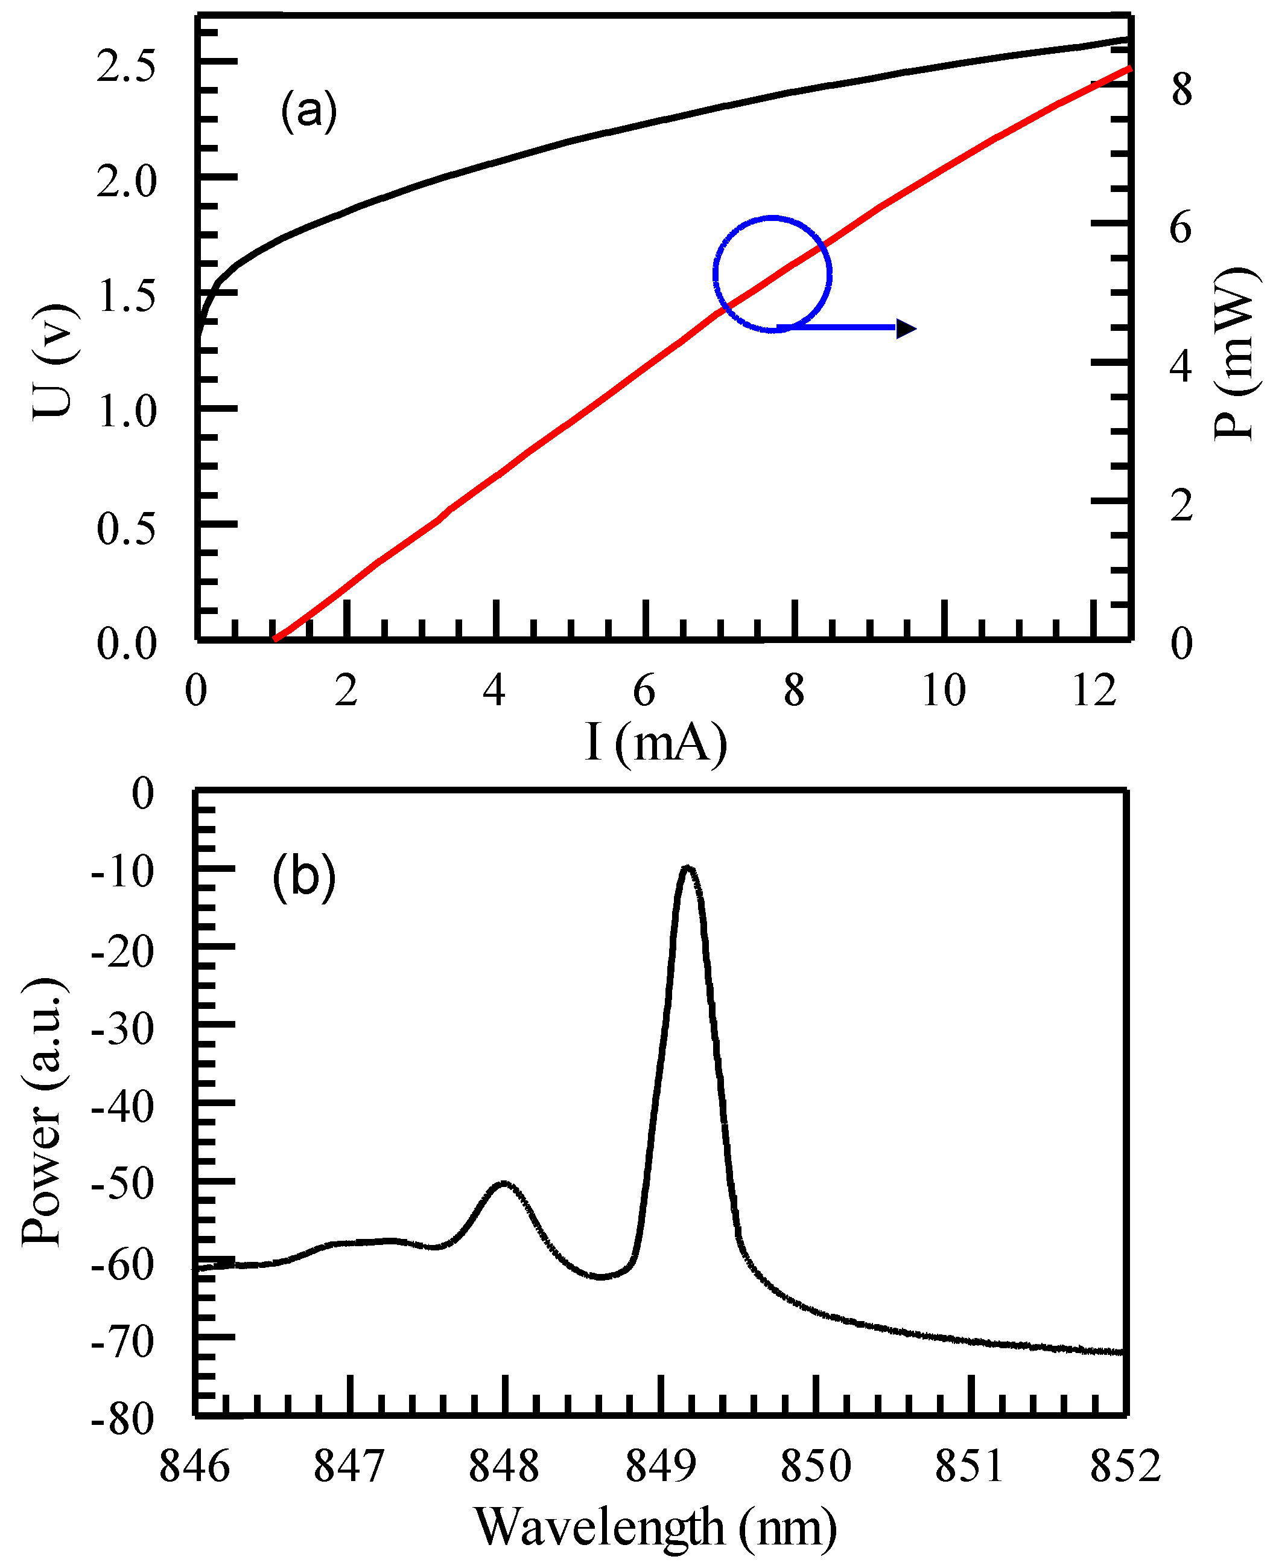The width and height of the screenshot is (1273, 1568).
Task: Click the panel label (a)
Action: coord(309,111)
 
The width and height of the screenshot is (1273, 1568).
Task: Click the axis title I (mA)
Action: coord(656,743)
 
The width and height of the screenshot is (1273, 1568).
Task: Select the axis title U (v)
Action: coord(54,361)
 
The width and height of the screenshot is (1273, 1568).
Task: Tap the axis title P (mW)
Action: coord(1235,353)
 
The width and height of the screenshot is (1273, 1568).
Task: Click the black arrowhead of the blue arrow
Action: coord(906,328)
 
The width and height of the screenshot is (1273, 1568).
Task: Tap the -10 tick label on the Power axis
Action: coord(122,872)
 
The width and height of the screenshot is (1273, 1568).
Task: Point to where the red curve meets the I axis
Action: coord(275,639)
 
